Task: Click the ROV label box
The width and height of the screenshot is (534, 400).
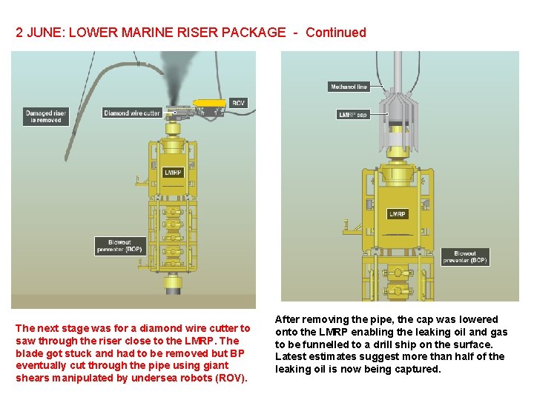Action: pos(237,102)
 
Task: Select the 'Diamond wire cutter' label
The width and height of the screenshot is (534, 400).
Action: pos(132,113)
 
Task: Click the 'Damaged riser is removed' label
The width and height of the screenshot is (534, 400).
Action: pos(46,116)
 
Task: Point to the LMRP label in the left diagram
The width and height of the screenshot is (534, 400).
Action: pos(173,173)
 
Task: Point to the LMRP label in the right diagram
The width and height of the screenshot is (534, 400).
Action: pos(398,214)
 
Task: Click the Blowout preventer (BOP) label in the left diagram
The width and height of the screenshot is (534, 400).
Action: pos(120,246)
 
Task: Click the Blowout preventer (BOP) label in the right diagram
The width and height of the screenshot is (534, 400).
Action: pos(465,257)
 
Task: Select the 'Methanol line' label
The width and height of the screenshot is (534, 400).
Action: pos(348,87)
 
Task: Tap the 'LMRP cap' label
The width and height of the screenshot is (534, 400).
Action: pos(352,115)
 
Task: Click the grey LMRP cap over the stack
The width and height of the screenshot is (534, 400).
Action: pos(398,122)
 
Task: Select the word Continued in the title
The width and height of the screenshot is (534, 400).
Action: pos(335,33)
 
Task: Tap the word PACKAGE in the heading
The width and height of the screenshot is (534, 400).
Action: pos(249,33)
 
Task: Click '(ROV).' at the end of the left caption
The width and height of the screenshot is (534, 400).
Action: pos(230,378)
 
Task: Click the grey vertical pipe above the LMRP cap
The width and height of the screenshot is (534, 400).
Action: pos(398,70)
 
